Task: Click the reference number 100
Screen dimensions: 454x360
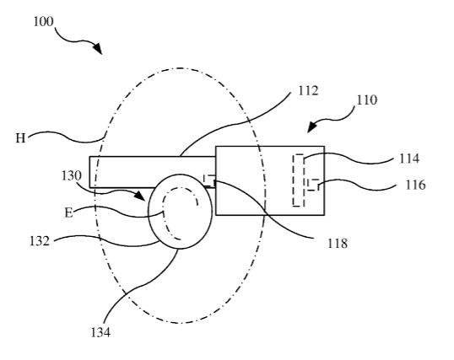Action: [x=43, y=22]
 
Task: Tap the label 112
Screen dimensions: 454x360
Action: [x=308, y=90]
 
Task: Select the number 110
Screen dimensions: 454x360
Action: [x=366, y=99]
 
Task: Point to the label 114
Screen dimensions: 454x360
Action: [x=409, y=159]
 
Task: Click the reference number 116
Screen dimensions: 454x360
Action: [x=415, y=185]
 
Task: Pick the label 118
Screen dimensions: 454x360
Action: [x=338, y=244]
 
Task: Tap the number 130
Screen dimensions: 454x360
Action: [x=72, y=175]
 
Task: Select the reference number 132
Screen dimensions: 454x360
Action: [x=40, y=241]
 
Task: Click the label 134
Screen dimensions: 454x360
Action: [x=100, y=332]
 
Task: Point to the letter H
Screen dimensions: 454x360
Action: [x=20, y=138]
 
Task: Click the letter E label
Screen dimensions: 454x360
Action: [x=68, y=213]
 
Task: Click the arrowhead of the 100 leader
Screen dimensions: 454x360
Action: [x=98, y=49]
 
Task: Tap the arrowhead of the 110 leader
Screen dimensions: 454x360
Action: [x=311, y=126]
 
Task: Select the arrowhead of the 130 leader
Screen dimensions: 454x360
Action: [x=140, y=196]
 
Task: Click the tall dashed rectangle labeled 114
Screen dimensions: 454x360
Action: [x=298, y=180]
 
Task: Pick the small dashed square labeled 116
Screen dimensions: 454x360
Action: [x=313, y=185]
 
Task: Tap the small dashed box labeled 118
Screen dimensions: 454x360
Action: [x=209, y=180]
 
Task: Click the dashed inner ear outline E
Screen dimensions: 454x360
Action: [x=164, y=214]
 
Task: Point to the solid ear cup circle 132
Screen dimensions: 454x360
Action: [x=149, y=212]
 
